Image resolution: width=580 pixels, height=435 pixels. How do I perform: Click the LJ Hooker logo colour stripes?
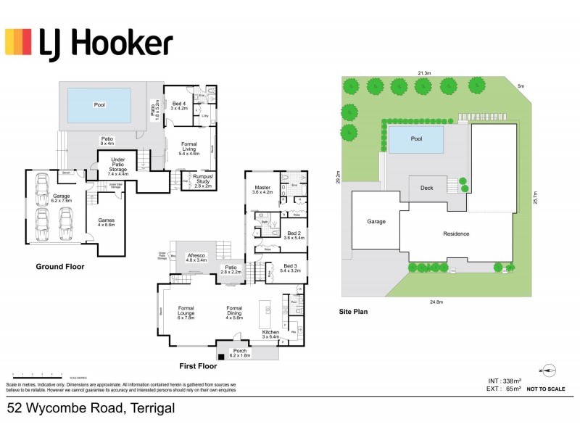[x=19, y=42]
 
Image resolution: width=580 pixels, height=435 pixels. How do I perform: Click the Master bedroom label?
[x=261, y=189]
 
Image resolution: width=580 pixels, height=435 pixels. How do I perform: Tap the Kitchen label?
[x=270, y=334]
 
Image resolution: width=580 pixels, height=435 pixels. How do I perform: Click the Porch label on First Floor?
[x=239, y=353]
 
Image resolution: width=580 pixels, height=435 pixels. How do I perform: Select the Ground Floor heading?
[x=60, y=267]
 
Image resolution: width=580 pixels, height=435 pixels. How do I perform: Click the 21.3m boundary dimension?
[x=424, y=73]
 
